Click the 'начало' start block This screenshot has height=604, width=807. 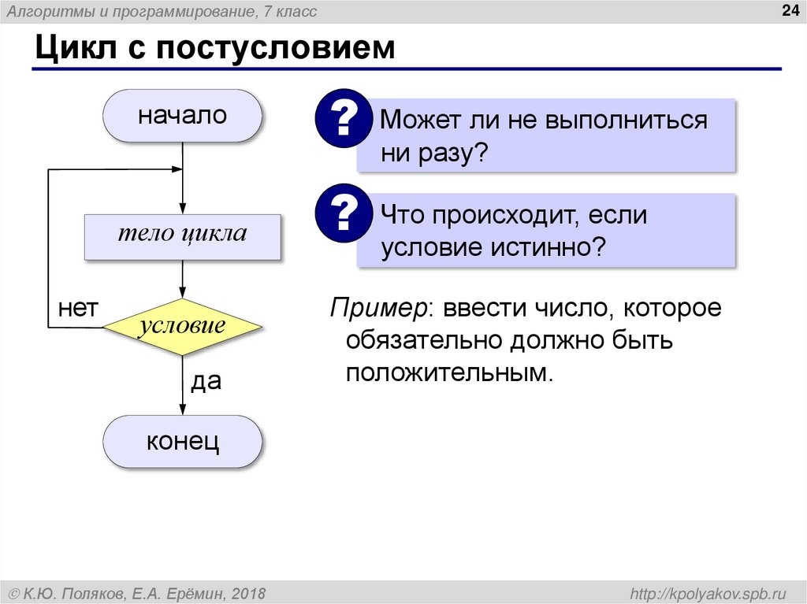(x=182, y=116)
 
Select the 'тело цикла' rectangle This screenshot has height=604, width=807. (x=182, y=235)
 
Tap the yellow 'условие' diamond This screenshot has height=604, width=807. (x=182, y=326)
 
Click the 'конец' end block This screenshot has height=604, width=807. (x=182, y=441)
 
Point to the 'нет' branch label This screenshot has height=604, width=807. (x=77, y=309)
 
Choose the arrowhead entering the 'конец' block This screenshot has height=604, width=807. (x=182, y=409)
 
